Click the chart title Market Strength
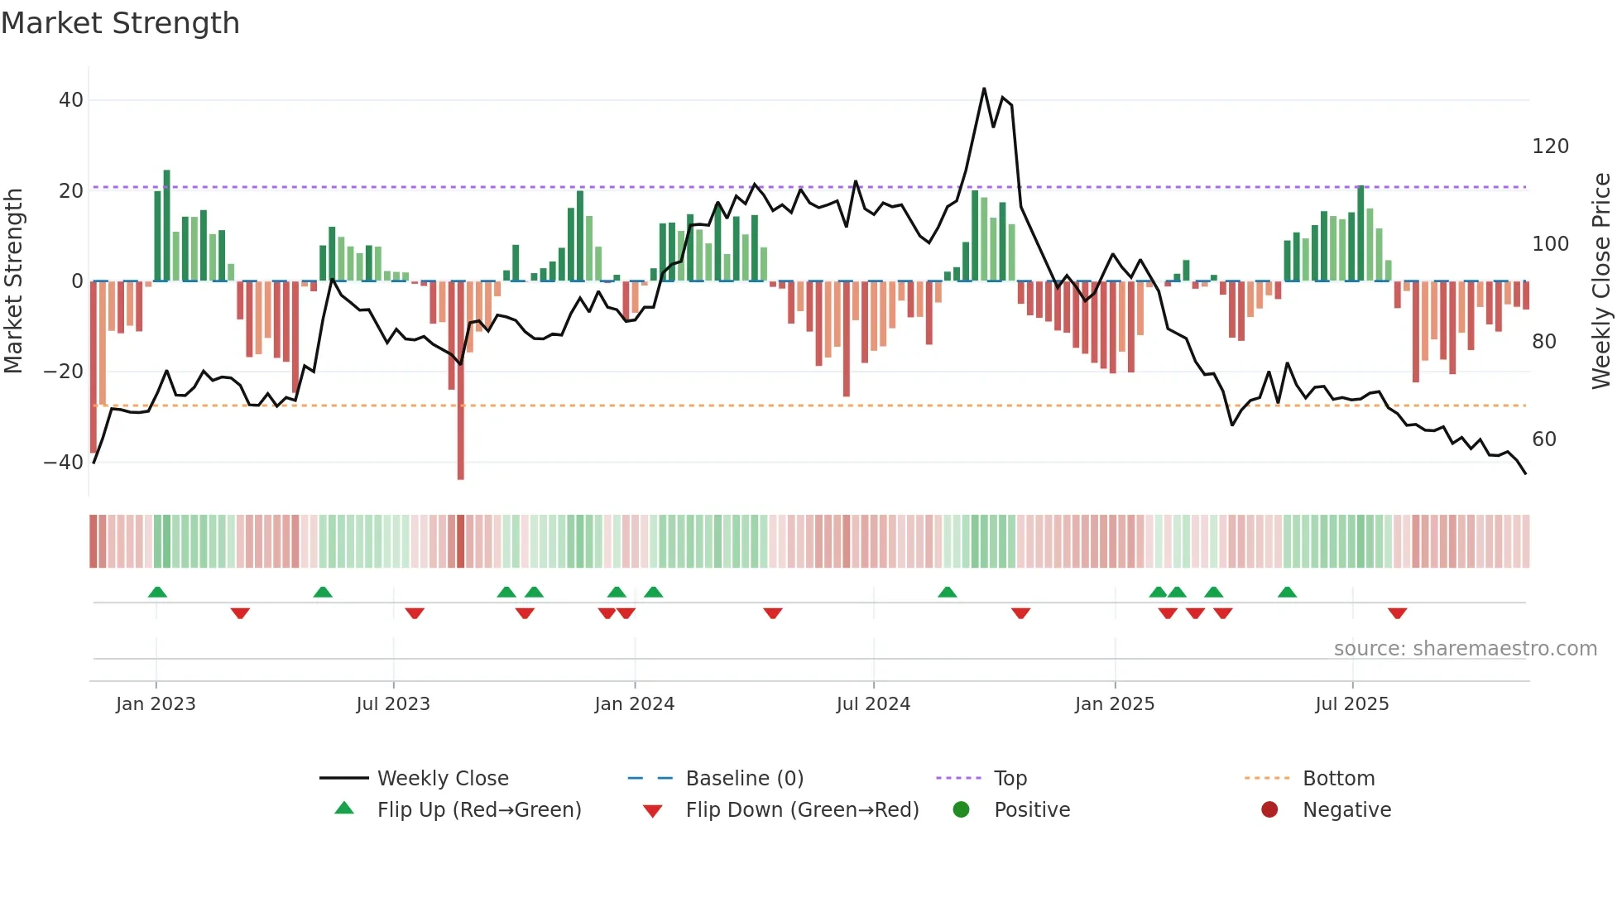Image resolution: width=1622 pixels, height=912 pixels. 120,23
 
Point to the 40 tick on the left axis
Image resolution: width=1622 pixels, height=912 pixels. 71,100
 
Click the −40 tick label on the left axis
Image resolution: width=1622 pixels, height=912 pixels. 64,463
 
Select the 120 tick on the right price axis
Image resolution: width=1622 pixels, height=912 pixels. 1550,146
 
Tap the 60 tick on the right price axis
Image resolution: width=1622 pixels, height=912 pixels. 1543,439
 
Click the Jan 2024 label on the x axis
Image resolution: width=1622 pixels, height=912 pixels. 634,704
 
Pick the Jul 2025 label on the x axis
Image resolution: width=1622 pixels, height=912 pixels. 1351,704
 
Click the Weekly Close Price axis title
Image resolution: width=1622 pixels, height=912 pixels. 1601,281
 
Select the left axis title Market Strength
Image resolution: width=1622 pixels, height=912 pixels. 14,281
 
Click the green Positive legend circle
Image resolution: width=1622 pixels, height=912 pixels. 961,810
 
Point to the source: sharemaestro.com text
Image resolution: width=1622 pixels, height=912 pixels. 1465,649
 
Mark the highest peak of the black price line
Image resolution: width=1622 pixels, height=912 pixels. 984,89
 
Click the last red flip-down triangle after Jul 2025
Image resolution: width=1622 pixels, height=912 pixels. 1397,613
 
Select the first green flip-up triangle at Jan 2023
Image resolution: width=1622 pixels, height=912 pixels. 157,592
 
